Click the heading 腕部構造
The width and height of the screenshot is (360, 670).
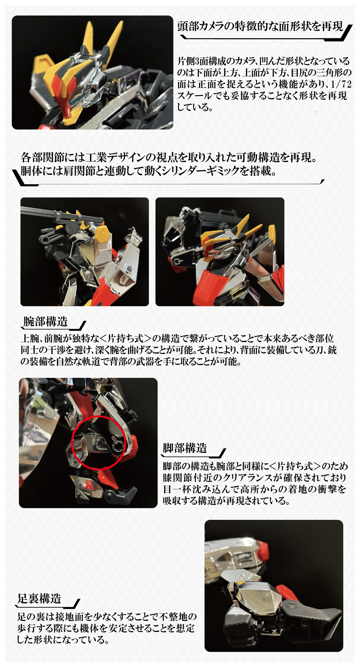[x=45, y=322]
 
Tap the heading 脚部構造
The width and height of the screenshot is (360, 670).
[x=185, y=448]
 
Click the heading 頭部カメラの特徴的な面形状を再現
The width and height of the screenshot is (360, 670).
[x=260, y=26]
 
